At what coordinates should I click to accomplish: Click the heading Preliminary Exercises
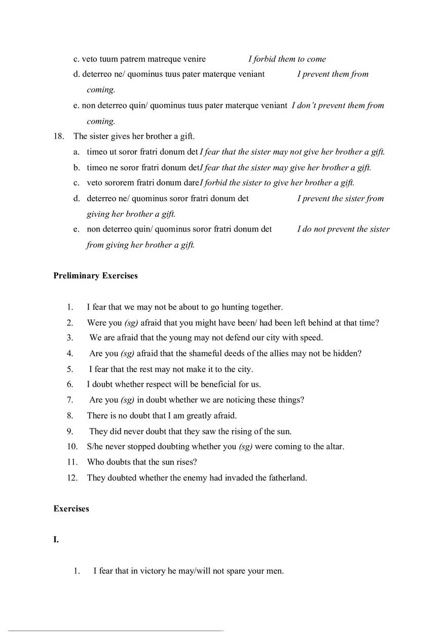point(95,276)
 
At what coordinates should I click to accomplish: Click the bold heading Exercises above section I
point(71,508)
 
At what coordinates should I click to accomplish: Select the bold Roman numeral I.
point(56,540)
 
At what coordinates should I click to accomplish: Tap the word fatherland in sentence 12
point(287,477)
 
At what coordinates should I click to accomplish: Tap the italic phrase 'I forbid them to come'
point(287,59)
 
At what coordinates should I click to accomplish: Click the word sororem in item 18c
point(121,182)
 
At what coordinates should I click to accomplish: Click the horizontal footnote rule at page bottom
point(116,630)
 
